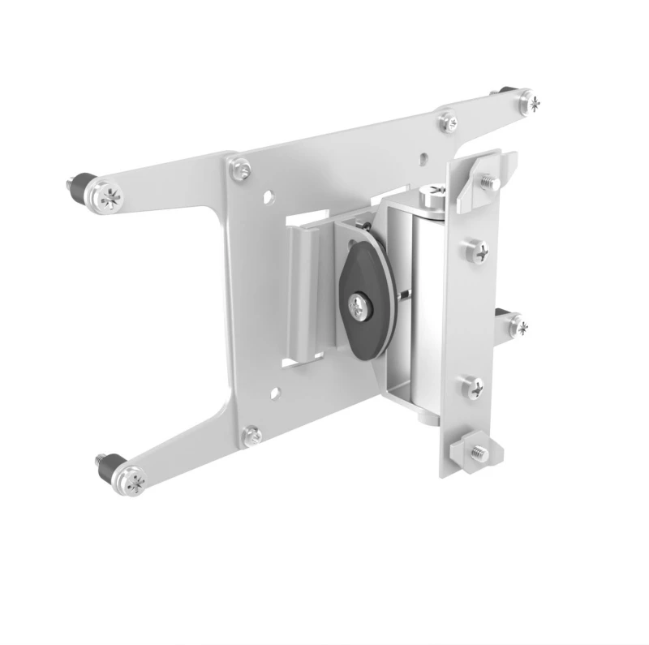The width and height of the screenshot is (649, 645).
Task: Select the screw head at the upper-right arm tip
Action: tap(531, 102)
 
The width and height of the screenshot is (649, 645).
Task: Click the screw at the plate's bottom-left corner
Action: tap(253, 436)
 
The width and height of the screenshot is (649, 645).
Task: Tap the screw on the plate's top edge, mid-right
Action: tap(448, 122)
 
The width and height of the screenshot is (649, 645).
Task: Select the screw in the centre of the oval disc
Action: tap(359, 305)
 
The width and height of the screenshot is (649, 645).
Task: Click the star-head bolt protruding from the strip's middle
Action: tap(517, 327)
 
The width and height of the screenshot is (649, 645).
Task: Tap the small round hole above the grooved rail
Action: tap(268, 196)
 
